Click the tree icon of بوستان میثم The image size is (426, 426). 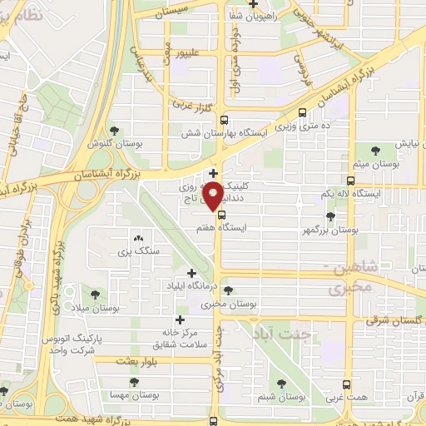point(375,150)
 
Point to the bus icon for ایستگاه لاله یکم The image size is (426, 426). point(350,180)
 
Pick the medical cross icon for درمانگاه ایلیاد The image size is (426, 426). point(191,273)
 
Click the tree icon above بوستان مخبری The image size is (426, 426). point(228,291)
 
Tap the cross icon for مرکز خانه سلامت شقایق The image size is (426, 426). point(180,319)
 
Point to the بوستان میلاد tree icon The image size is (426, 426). point(94,294)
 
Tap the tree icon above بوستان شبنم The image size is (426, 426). point(280,384)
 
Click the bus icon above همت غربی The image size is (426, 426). point(347,385)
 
